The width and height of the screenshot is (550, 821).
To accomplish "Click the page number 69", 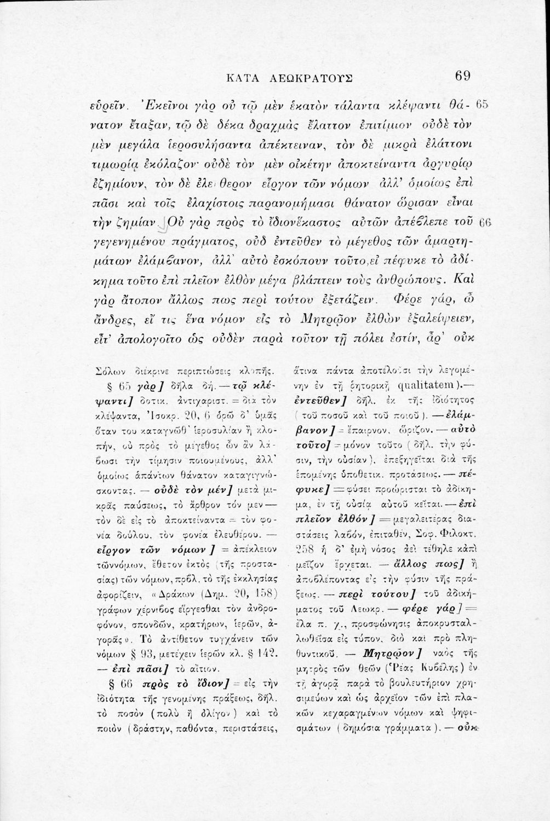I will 462,76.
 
